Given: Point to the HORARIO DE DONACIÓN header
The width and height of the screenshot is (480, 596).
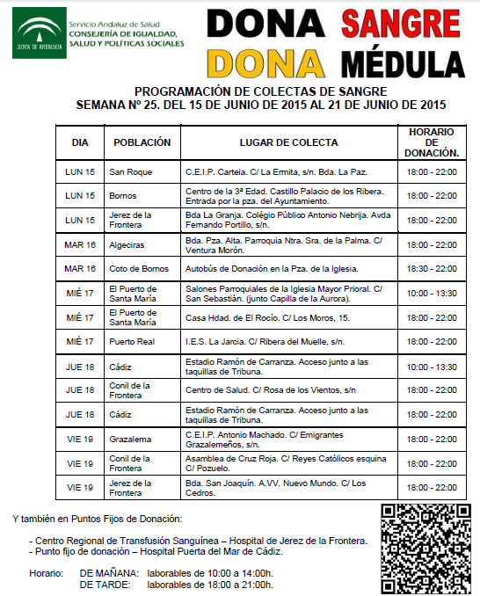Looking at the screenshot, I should [x=431, y=142].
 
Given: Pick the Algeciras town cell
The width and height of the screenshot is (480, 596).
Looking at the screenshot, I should [x=128, y=244].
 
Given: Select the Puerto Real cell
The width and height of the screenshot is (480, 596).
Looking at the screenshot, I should [x=131, y=341].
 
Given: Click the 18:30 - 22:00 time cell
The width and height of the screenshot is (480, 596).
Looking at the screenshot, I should [x=431, y=269].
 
